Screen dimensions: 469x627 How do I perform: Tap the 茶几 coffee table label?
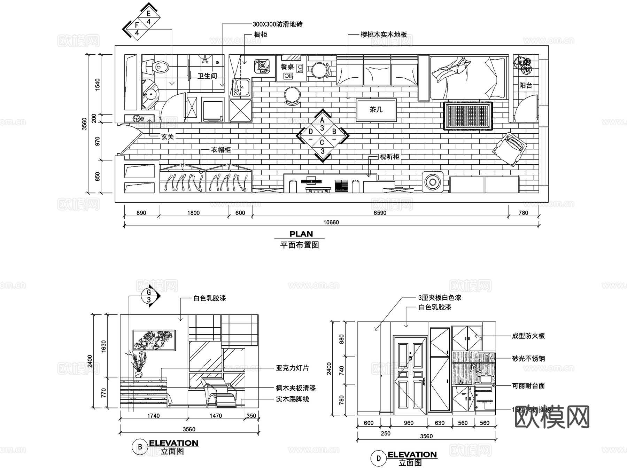click(376, 110)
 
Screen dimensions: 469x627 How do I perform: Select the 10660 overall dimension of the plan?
click(331, 222)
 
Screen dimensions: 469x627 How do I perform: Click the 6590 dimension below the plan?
click(380, 213)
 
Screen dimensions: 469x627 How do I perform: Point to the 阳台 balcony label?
click(525, 85)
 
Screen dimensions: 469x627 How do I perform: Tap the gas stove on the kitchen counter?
click(262, 65)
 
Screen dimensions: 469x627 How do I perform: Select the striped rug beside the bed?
click(467, 116)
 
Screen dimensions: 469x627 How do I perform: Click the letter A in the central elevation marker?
click(322, 120)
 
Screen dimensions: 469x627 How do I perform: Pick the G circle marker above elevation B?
click(149, 296)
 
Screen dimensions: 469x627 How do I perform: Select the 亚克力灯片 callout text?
click(292, 368)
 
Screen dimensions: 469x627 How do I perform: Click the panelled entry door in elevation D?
click(410, 375)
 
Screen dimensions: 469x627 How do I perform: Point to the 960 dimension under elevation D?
click(408, 423)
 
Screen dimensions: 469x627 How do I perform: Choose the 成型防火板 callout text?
click(528, 336)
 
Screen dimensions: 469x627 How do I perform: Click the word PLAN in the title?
click(301, 234)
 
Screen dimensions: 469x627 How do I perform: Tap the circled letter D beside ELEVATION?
click(379, 458)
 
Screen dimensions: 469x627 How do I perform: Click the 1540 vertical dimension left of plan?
click(97, 85)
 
